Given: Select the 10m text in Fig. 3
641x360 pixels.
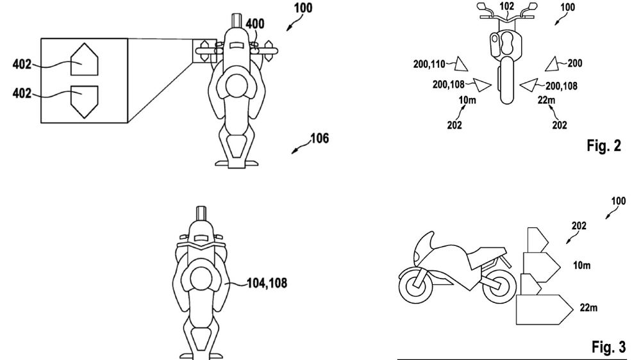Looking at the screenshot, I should click(581, 265).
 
